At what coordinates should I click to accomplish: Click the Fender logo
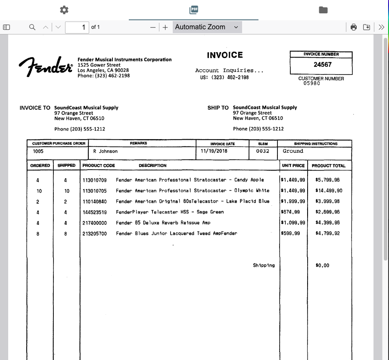click(x=45, y=67)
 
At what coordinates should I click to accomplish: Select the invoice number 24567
click(x=322, y=65)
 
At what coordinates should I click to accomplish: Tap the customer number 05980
click(x=311, y=84)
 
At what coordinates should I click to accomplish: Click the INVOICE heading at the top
click(x=224, y=55)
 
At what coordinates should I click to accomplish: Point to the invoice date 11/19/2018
click(x=214, y=151)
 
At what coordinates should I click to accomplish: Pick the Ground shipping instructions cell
click(x=293, y=151)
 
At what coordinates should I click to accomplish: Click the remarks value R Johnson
click(x=105, y=151)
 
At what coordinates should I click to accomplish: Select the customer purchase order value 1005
click(x=38, y=151)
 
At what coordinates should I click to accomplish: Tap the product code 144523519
click(x=94, y=212)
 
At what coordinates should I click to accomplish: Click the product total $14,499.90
click(x=329, y=190)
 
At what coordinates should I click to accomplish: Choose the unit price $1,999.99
click(x=293, y=201)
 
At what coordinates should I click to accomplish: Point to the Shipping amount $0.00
click(x=322, y=265)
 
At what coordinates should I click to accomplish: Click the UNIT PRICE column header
click(x=293, y=165)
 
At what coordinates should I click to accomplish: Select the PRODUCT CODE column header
click(x=99, y=165)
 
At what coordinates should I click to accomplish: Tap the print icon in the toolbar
click(x=354, y=27)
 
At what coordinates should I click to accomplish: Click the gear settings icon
click(x=64, y=9)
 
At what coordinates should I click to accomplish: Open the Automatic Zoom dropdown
click(x=207, y=27)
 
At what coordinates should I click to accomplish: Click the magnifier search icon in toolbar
click(x=32, y=27)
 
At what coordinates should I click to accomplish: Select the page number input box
click(x=77, y=27)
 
